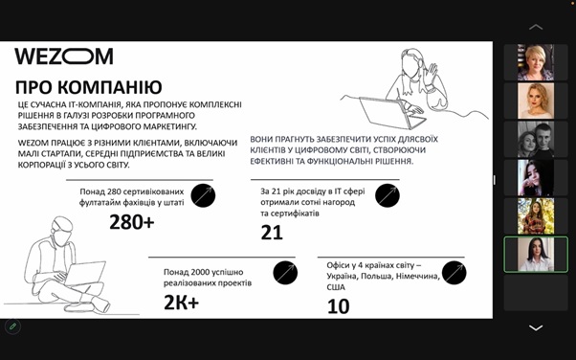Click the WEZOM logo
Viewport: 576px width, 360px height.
64,56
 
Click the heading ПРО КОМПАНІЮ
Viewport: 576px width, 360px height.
89,87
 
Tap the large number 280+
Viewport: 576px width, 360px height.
132,222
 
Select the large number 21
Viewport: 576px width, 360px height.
272,233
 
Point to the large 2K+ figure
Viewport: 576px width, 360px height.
182,303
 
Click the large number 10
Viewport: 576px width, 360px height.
339,306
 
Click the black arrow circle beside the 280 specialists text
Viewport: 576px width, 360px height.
203,195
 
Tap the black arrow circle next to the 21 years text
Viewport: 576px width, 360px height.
388,195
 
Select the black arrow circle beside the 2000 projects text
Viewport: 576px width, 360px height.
285,273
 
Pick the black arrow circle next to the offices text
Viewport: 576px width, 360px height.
454,273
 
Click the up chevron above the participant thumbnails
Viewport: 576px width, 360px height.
536,27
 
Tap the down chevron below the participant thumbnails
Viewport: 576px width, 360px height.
536,327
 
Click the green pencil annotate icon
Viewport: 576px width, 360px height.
12,326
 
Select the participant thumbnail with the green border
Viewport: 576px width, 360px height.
536,255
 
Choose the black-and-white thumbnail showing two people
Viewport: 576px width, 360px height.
536,140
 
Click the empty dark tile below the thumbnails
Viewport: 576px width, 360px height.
536,293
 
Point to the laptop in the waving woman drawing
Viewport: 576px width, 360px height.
391,112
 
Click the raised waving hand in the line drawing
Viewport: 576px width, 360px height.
430,75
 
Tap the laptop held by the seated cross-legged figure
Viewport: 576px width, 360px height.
85,273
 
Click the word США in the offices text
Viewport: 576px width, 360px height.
336,287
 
